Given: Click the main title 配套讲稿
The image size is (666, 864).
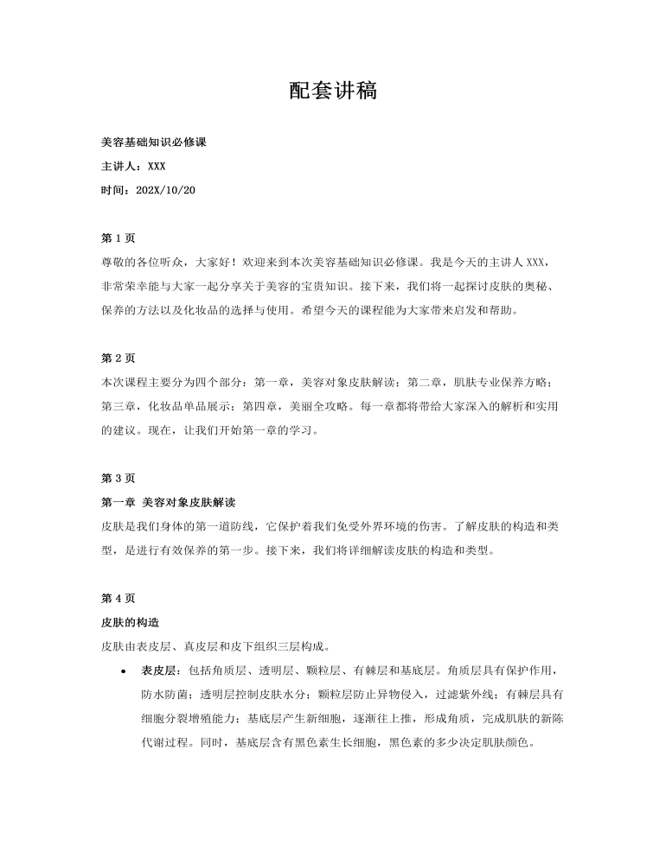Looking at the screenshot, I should click(x=332, y=92).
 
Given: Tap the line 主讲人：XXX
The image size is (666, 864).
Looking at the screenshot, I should click(x=133, y=166).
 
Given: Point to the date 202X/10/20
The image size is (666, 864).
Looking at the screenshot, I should click(x=166, y=190).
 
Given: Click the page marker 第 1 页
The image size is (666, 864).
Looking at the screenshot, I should click(x=118, y=238).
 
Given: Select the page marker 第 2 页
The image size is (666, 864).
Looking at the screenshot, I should click(x=118, y=358).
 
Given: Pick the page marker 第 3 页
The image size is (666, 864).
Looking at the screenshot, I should click(x=118, y=478).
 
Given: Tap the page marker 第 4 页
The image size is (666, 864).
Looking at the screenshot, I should click(x=118, y=598).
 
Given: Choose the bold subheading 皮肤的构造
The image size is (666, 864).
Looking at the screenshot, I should click(x=130, y=622).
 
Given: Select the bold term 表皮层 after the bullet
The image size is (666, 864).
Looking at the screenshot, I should click(x=157, y=670).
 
